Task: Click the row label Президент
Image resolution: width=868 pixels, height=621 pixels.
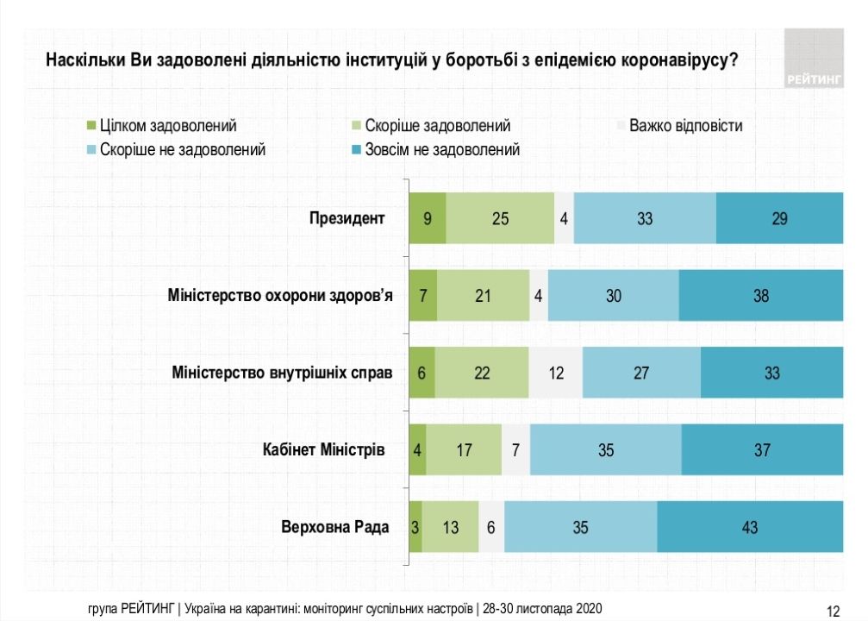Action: click(x=347, y=218)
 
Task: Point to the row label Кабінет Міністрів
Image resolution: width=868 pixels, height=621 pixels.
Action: click(x=323, y=449)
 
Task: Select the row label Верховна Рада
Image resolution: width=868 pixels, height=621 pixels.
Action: click(x=335, y=526)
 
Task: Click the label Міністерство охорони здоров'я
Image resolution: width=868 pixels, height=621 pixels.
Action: click(x=280, y=296)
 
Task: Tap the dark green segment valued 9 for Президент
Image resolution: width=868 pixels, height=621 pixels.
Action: click(x=428, y=219)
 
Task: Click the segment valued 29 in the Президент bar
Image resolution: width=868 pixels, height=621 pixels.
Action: click(x=779, y=219)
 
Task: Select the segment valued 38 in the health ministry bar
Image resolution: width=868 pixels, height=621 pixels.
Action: click(x=760, y=296)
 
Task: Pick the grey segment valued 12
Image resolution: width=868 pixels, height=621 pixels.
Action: click(x=556, y=373)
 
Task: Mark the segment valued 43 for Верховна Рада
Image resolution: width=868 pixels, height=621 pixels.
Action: click(x=749, y=527)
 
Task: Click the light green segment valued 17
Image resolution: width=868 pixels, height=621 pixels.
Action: click(x=464, y=450)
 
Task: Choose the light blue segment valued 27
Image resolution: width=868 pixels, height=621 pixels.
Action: click(x=641, y=373)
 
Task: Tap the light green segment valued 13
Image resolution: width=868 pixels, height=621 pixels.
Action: click(x=450, y=527)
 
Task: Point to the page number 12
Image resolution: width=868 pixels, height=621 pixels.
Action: click(x=833, y=611)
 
